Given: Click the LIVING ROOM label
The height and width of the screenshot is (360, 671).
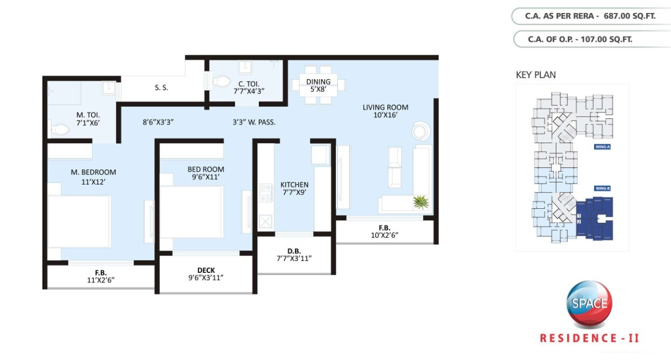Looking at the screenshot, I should [385, 111].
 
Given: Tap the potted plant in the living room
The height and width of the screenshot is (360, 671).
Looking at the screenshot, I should [420, 202].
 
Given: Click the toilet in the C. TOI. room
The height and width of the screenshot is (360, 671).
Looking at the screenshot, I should [219, 81].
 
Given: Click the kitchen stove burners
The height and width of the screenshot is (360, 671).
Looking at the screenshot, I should [265, 193].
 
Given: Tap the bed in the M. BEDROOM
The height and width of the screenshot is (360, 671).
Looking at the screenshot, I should [79, 221].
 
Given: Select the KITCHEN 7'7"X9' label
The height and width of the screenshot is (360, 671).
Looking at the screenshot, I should [294, 189].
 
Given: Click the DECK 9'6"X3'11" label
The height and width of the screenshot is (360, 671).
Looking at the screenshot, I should [206, 274].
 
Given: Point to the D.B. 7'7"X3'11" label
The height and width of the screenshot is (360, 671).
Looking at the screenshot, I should [294, 254].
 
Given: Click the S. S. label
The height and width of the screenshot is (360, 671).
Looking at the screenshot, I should [161, 88].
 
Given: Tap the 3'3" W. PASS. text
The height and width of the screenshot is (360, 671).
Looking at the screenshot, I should [254, 122].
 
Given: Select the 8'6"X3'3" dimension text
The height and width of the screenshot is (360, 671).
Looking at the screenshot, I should [158, 122].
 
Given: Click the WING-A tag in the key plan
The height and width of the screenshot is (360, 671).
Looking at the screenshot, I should [602, 146].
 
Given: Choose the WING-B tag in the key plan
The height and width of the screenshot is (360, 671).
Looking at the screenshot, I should [602, 188].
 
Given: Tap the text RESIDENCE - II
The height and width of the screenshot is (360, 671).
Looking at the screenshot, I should [589, 338].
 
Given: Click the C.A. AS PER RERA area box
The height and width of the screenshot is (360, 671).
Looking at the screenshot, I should [590, 16].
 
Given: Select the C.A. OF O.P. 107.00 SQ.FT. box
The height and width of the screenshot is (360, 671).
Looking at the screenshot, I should [590, 39].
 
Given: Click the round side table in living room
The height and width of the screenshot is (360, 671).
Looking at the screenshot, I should [420, 131].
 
